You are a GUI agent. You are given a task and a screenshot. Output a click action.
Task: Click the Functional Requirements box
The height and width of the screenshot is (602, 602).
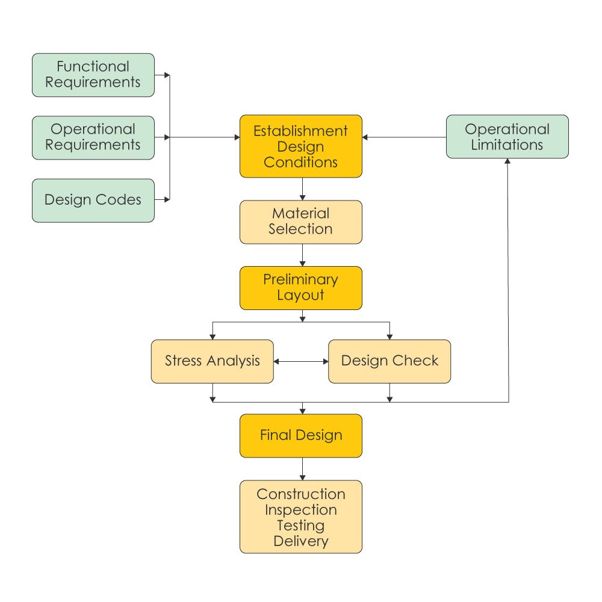93,75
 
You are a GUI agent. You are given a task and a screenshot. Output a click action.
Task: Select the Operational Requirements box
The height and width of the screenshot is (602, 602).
93,137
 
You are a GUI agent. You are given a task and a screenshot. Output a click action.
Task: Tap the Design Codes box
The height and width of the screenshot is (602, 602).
93,200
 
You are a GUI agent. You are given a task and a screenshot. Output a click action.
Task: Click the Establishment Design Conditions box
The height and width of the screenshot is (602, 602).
300,146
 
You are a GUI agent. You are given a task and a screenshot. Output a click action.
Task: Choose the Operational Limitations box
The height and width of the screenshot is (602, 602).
507,137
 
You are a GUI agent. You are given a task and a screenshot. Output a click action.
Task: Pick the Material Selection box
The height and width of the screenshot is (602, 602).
300,222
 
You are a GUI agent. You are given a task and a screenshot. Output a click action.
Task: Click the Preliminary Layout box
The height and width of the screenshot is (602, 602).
300,287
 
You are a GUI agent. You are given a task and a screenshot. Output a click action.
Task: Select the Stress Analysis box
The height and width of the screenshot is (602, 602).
212,361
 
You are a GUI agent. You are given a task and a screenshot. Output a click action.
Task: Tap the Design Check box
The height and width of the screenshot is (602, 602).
389,361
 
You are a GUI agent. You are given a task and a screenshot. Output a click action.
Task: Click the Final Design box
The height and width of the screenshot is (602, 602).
300,435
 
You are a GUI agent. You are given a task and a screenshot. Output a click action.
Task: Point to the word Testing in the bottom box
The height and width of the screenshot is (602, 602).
300,525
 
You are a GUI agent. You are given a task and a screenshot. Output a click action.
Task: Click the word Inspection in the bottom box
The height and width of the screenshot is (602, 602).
300,510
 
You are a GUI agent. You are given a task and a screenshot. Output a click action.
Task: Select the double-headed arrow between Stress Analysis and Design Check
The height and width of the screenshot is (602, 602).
300,362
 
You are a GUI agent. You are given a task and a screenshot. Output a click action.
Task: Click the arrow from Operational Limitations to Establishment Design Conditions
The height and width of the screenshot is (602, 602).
403,137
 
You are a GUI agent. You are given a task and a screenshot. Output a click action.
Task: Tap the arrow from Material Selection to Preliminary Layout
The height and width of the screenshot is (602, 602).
301,255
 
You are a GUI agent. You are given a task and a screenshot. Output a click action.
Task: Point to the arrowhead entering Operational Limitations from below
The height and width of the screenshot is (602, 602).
509,163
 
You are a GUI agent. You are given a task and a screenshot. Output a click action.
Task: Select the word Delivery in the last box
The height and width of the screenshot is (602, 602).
300,541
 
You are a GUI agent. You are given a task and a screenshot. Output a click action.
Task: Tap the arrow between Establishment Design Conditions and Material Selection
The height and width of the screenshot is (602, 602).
301,189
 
